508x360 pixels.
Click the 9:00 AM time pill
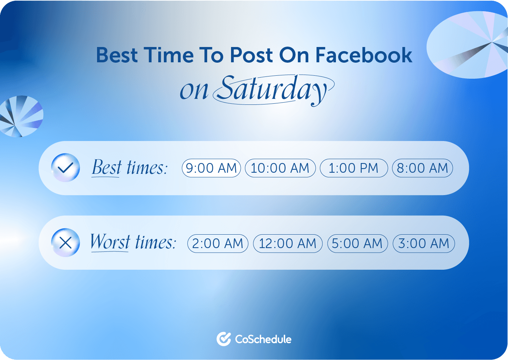coord(211,168)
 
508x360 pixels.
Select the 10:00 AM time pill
coord(280,168)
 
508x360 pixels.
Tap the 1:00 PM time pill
coord(354,168)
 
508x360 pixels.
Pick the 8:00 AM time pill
coord(423,168)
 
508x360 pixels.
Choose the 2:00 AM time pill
coord(218,244)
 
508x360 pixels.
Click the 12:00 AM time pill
coord(287,244)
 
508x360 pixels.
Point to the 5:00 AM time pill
coord(358,244)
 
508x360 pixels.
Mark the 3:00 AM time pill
coord(424,244)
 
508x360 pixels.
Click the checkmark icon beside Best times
coord(65,168)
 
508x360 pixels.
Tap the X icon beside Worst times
coord(65,242)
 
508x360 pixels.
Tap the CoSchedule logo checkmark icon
coord(224,339)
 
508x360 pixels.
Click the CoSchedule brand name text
coord(263,339)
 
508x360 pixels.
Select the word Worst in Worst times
coord(110,242)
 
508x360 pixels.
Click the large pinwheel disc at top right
coord(467,45)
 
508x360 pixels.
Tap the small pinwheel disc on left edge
coord(21,116)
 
